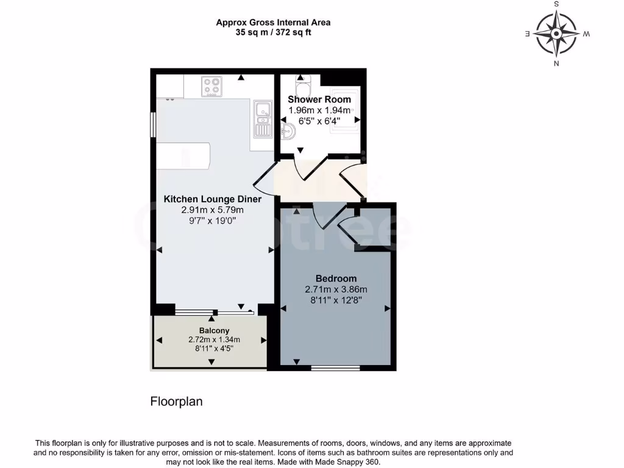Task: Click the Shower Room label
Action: (319, 99)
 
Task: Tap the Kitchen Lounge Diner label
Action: (213, 199)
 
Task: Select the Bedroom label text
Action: (336, 278)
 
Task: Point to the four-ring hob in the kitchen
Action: (211, 86)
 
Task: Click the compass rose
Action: (556, 33)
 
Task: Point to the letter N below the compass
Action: (556, 63)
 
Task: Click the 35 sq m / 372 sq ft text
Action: (273, 32)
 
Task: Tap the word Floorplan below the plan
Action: (176, 402)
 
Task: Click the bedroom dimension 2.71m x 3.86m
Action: (336, 289)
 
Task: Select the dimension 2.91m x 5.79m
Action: (212, 210)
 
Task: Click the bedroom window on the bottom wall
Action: (335, 367)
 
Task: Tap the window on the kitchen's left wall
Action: (153, 127)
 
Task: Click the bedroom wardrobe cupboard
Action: (374, 227)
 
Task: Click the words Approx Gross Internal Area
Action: (273, 23)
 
